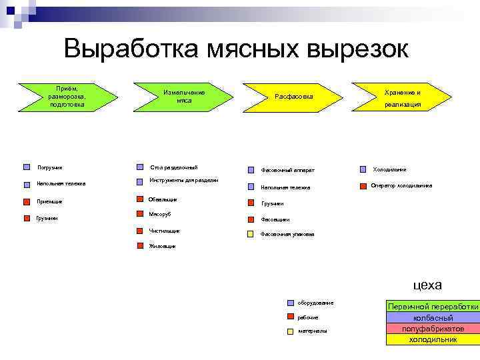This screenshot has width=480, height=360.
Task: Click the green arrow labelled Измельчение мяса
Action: point(184,96)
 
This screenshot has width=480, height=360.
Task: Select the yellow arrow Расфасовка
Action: point(293,97)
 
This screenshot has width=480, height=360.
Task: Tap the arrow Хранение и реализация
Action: point(403,97)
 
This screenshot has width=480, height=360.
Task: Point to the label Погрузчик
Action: point(50,167)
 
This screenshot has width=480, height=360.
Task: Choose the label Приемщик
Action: point(50,201)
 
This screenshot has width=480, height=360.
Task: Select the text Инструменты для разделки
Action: point(184,180)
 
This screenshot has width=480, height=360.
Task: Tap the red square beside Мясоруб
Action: point(139,215)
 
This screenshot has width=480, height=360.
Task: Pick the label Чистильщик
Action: point(165,231)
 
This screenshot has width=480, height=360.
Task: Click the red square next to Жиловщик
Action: point(139,246)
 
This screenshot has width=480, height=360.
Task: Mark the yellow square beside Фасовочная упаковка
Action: point(250,234)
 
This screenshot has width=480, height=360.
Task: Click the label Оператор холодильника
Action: point(401,185)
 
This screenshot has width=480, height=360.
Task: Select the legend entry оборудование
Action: point(315,303)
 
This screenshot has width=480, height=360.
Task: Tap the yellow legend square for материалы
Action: point(291,331)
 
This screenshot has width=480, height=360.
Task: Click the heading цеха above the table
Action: point(427,285)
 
